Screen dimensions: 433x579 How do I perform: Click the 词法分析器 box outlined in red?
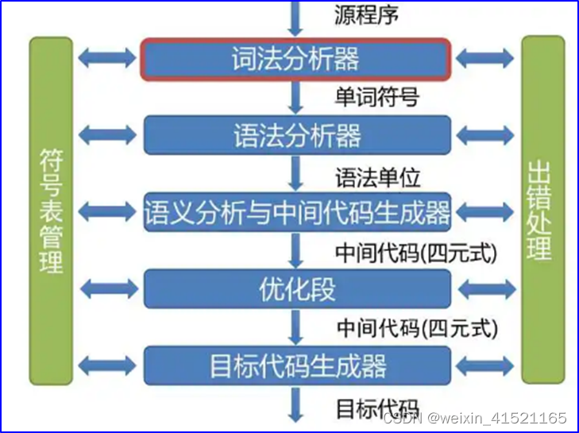[296, 59]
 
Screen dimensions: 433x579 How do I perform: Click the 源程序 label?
[367, 14]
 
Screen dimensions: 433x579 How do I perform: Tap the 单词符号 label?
[376, 97]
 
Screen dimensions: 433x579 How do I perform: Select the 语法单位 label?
[376, 174]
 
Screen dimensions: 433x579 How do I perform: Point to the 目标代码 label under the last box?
[376, 408]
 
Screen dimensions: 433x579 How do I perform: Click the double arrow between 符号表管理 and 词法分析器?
[107, 58]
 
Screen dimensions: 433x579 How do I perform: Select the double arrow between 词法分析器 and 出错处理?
[486, 58]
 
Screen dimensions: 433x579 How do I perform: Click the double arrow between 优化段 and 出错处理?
[486, 289]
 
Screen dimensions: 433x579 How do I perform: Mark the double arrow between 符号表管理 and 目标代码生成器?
[107, 366]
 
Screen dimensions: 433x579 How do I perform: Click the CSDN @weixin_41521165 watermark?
[475, 419]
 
